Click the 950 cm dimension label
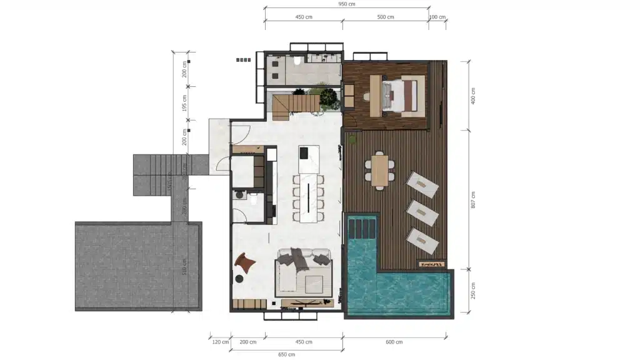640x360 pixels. point(347,4)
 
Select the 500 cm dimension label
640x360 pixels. point(386,17)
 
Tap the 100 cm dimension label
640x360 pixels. point(437,17)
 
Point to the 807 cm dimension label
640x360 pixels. point(474,199)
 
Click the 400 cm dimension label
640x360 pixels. point(474,96)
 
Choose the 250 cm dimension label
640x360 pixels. point(474,290)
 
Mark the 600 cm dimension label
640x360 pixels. point(394,342)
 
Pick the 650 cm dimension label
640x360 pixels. point(286,354)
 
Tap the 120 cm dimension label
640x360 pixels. point(220,342)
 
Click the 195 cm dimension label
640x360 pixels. point(185,102)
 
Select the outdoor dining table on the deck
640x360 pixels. point(380,170)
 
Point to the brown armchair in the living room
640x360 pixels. point(245,262)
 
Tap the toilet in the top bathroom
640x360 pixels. point(297,61)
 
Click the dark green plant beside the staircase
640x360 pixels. point(329,97)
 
